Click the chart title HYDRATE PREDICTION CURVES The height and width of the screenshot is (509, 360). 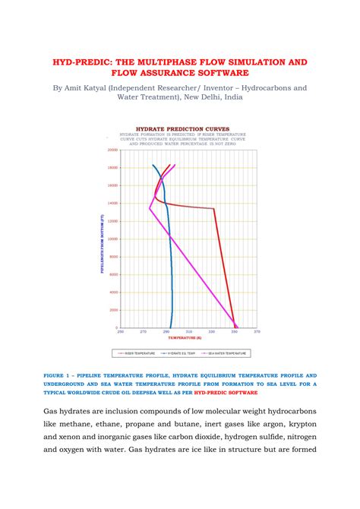click(x=182, y=129)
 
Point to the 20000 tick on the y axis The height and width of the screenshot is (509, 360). click(x=112, y=150)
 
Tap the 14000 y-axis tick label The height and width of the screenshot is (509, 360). click(x=112, y=203)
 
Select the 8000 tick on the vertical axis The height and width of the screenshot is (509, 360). click(x=113, y=257)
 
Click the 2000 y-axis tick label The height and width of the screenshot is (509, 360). click(x=113, y=310)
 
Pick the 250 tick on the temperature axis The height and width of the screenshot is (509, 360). click(x=120, y=332)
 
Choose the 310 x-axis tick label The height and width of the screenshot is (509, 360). click(x=189, y=332)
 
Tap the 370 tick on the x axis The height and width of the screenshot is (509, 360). click(x=257, y=332)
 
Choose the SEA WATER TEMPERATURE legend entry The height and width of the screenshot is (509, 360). click(x=229, y=353)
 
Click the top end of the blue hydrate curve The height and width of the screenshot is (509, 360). click(x=153, y=165)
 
